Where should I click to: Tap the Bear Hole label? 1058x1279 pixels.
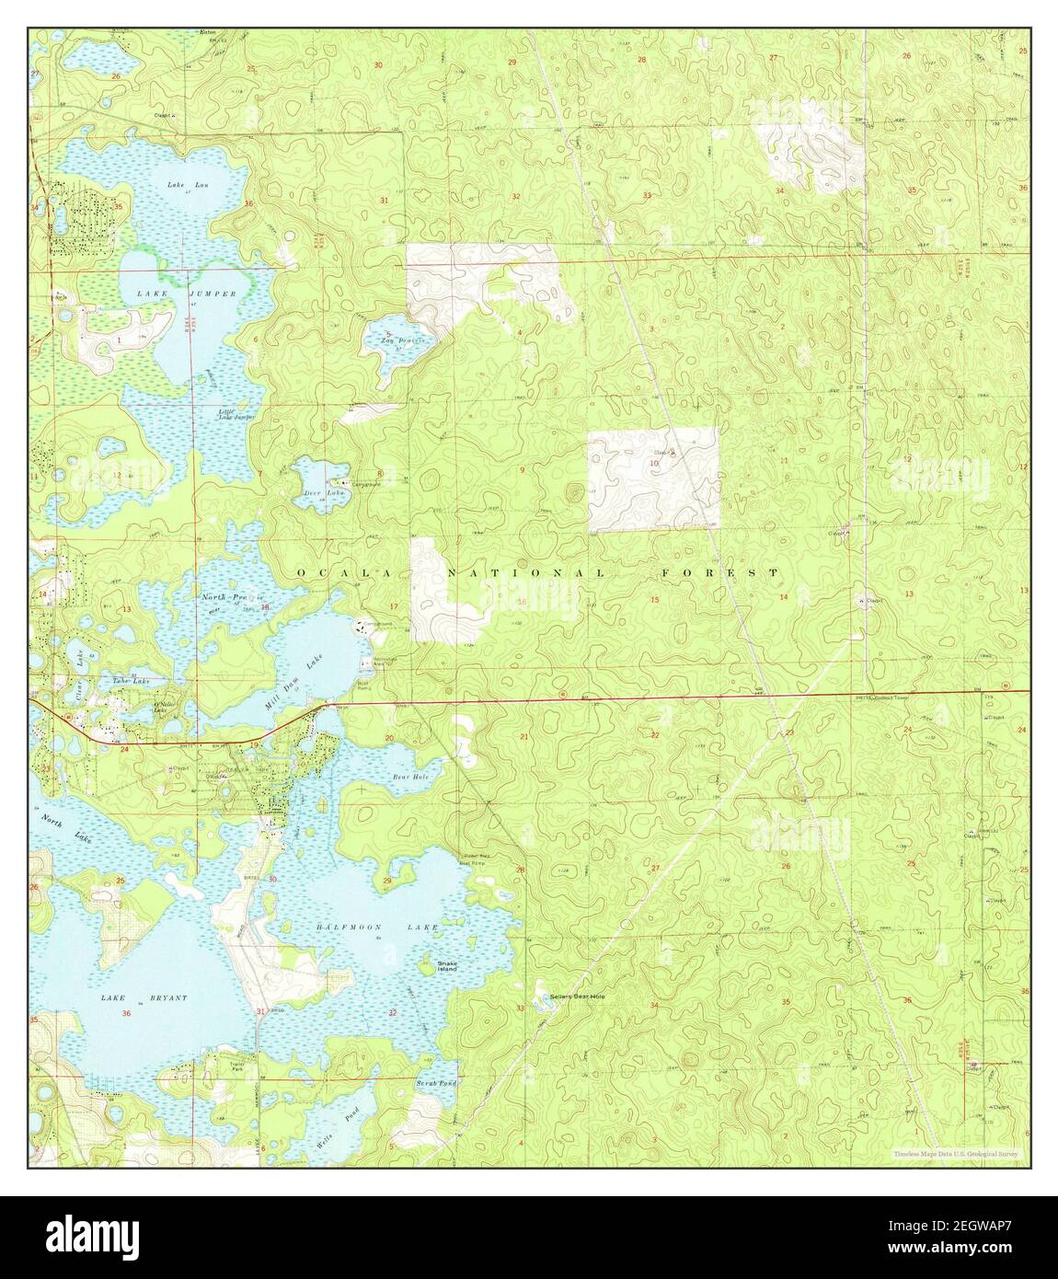click(410, 777)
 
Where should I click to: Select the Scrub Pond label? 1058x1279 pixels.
click(436, 1085)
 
